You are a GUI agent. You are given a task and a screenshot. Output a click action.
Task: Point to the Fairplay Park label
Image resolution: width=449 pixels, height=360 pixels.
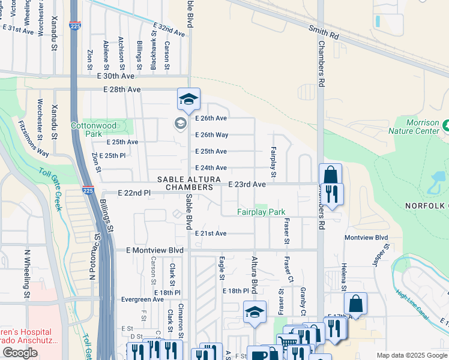pos(261,212)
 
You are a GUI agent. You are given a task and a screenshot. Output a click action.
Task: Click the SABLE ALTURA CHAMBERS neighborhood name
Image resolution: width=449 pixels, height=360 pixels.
pos(185,184)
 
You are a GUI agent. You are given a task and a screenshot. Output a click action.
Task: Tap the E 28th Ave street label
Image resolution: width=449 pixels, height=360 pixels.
pos(122,89)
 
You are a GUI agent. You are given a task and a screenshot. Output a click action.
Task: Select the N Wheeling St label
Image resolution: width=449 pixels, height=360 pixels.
pos(26,274)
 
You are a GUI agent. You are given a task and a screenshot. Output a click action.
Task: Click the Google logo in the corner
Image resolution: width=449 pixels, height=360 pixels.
pos(20,353)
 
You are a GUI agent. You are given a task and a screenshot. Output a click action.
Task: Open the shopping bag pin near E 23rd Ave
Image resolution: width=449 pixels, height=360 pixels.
pos(330,175)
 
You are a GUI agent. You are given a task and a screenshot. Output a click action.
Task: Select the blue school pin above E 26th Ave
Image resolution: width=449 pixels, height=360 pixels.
pos(188,99)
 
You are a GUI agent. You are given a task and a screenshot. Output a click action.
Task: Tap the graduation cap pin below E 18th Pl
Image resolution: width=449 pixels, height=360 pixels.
pos(255,313)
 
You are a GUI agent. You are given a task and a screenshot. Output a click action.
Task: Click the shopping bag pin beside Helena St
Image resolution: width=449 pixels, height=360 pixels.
pos(356,304)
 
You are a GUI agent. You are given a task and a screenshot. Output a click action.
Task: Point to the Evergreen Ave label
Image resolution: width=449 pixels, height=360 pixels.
pos(142,299)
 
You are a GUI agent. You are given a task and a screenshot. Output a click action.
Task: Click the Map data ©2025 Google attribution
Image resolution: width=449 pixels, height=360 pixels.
pos(412,355)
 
